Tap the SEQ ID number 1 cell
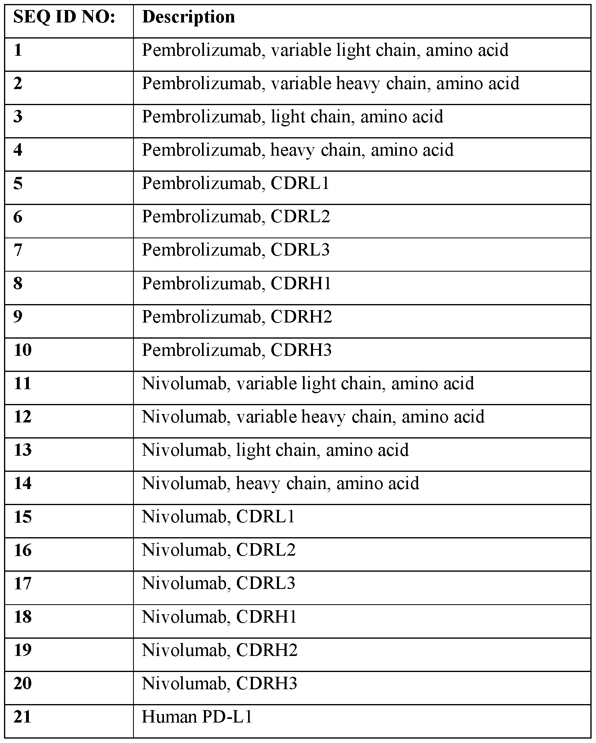coord(18,51)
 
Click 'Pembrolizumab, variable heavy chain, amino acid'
coord(330,84)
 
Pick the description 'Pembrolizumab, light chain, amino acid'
coord(292,117)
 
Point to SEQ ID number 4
coord(18,150)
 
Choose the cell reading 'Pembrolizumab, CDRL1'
coord(235,184)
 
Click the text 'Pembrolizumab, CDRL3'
coord(235,250)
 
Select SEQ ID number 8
coord(18,284)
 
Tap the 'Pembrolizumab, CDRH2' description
coord(236,317)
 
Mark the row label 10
coord(22,350)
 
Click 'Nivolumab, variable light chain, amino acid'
coord(307,384)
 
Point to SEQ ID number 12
coord(22,417)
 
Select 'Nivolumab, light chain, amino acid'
coord(275,450)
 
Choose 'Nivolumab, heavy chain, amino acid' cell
coord(280,483)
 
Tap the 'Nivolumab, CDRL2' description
coord(218,550)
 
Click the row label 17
coord(22,583)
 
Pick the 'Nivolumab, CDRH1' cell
coord(219,617)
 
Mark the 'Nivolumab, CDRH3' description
coord(219,683)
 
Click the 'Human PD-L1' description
coord(197,717)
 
